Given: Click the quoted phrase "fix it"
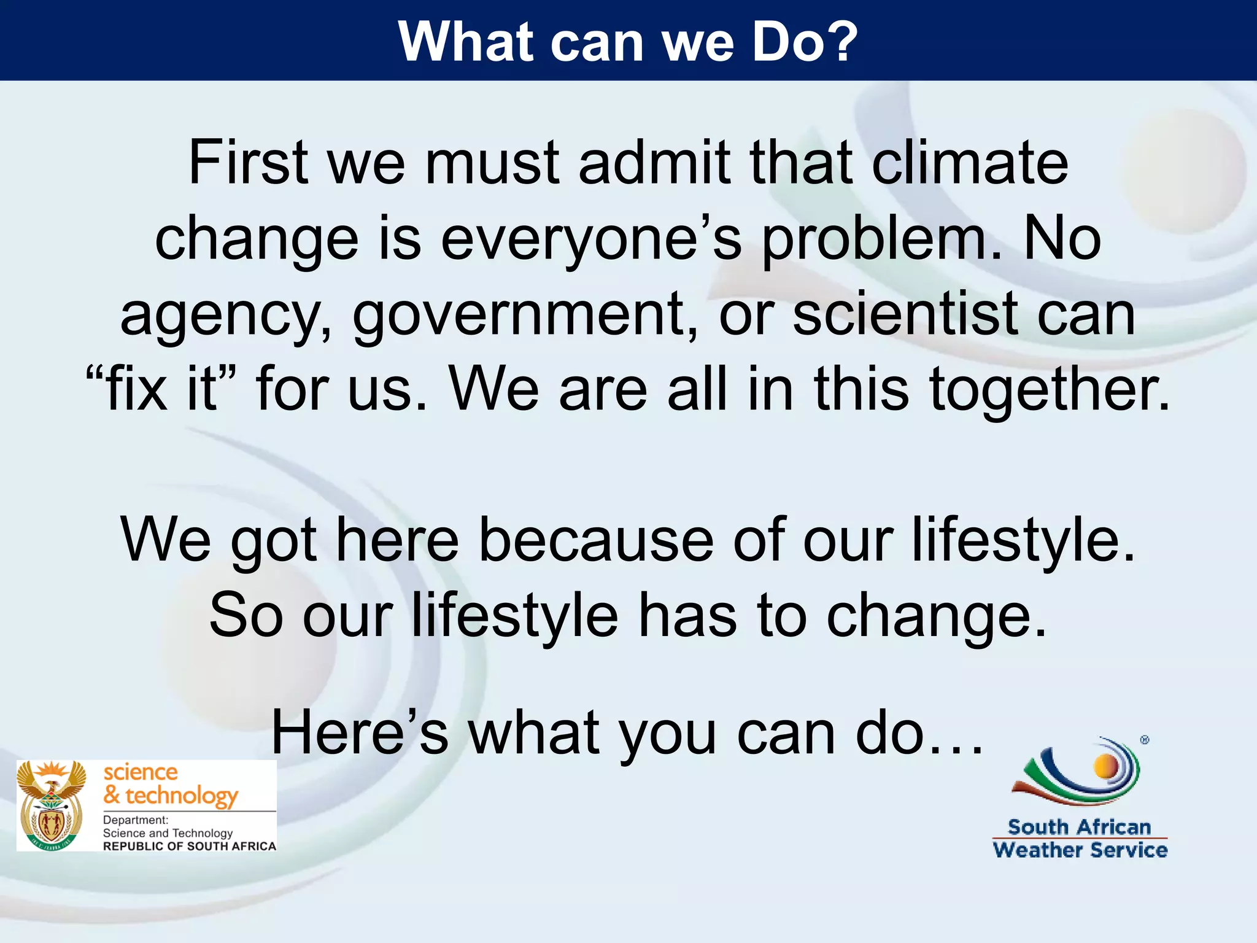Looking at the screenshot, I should [161, 389].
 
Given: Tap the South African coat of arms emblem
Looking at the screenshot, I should [52, 805].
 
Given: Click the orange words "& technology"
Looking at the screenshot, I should [170, 796].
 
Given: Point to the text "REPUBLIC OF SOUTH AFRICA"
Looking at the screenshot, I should [189, 846].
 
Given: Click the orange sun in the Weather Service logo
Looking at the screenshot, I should [1107, 766].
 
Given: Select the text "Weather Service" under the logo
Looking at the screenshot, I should [1080, 850].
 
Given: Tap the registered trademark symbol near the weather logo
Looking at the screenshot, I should [1145, 740].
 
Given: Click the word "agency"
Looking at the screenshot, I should [225, 315].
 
